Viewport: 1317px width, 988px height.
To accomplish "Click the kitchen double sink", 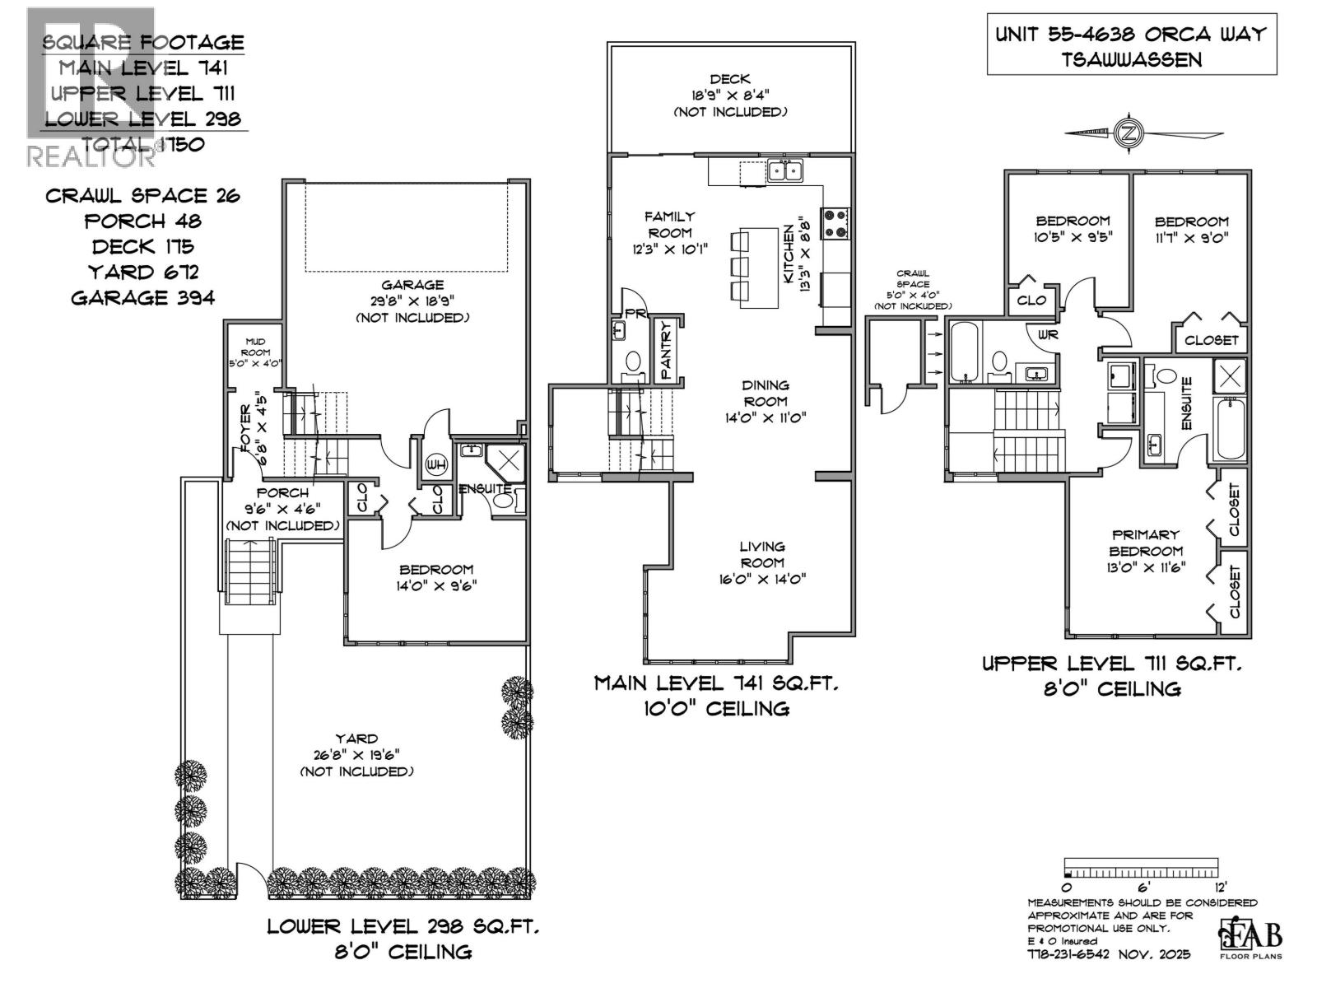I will click(784, 171).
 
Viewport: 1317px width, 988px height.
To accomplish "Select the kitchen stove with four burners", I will click(836, 222).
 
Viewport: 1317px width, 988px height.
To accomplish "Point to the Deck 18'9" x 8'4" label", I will click(730, 95).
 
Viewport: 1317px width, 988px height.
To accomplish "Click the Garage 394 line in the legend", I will click(143, 297).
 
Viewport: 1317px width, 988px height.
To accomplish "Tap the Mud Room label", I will click(255, 352).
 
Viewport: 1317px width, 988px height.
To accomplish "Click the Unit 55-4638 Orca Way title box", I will click(1131, 46).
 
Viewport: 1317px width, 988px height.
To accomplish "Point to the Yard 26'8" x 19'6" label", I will click(356, 754).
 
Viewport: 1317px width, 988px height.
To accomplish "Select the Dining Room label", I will click(766, 401).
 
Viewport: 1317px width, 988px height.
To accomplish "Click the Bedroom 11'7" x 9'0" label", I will click(1191, 230).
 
